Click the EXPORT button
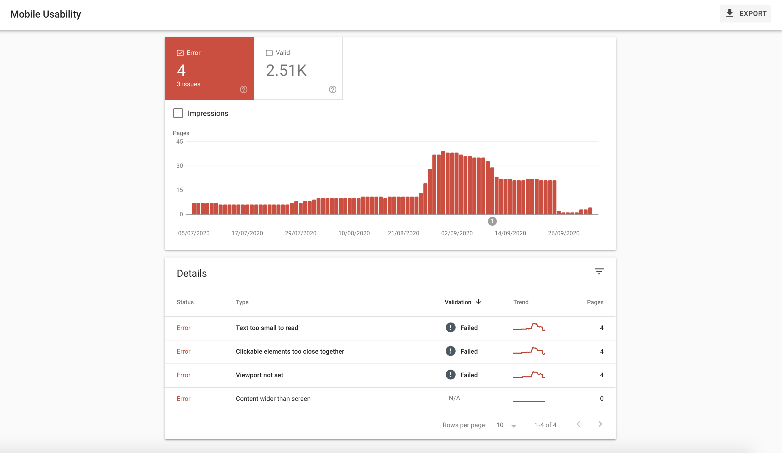[745, 14]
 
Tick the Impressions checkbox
[178, 113]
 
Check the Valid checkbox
[269, 53]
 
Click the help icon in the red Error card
[244, 90]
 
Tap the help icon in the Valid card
[332, 90]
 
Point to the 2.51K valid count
[286, 70]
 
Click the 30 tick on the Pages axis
[179, 166]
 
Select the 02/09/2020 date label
[457, 233]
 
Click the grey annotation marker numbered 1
[492, 221]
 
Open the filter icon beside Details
[599, 272]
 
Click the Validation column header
[458, 302]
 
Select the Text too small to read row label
[267, 328]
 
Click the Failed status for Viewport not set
[468, 375]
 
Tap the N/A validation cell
[454, 398]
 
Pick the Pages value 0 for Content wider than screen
[601, 399]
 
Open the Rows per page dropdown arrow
[514, 426]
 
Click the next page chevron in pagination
[600, 424]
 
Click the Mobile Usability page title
[46, 14]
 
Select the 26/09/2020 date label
[564, 233]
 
